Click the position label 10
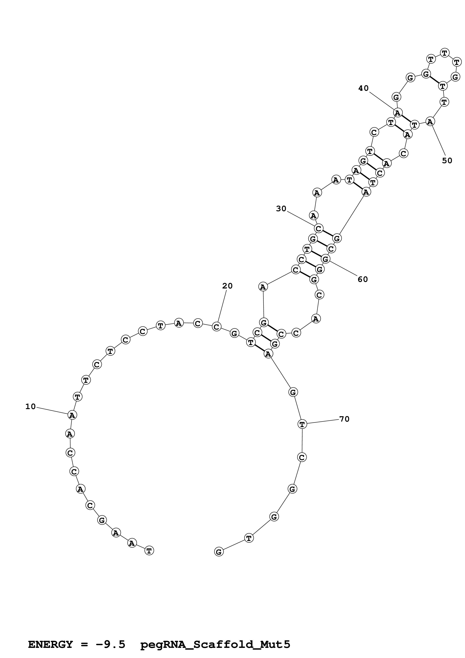click(31, 406)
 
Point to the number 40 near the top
click(363, 88)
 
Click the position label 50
click(447, 161)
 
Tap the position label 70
click(344, 419)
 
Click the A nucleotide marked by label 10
click(72, 415)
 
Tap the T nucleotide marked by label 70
click(302, 424)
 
